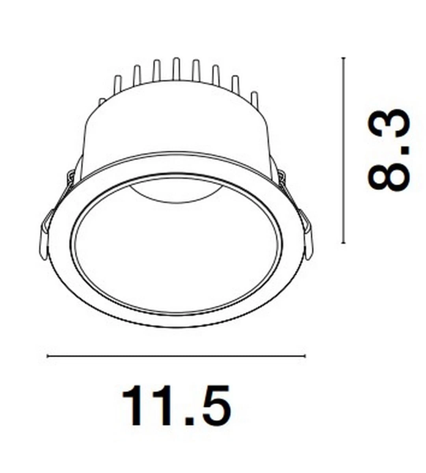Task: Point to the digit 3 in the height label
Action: click(389, 123)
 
